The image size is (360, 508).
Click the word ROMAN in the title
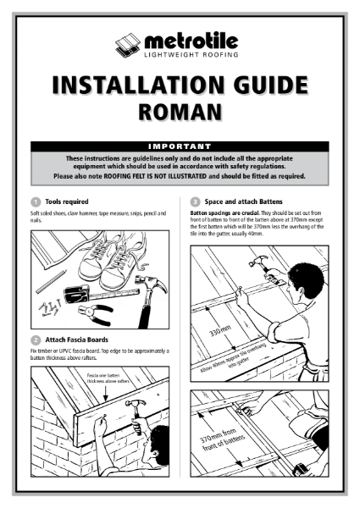coord(180,111)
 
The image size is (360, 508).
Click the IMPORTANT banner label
coord(180,146)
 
